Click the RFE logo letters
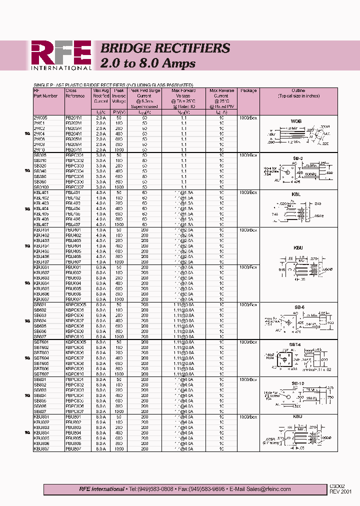pos(61,52)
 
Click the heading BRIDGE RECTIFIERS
pos(165,48)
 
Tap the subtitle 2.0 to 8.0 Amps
pos(148,63)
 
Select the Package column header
pos(248,91)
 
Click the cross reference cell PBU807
pos(73,449)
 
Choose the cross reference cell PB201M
pos(73,117)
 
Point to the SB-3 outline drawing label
pos(298,158)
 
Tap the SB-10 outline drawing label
pos(298,382)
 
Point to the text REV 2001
pos(340,491)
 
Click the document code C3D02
pos(337,485)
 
